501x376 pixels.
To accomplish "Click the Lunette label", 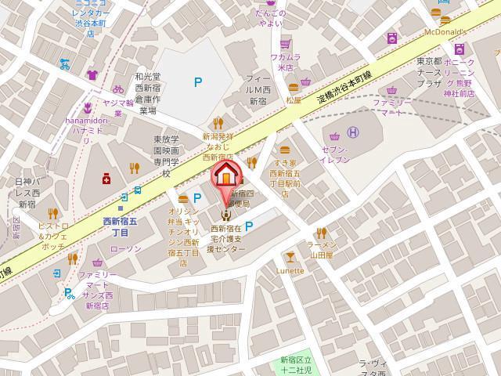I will (x=290, y=270).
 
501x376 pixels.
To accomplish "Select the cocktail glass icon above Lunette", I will (x=290, y=255).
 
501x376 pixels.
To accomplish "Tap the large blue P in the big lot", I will (x=198, y=81).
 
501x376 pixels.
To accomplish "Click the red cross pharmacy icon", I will (x=106, y=179).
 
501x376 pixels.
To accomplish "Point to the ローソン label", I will (x=125, y=248).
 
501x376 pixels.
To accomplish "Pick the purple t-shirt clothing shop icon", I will (x=92, y=75).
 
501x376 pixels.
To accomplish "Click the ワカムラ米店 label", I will (x=286, y=62).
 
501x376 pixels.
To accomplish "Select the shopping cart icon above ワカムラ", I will (x=286, y=44).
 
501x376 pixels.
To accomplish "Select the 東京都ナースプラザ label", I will (x=430, y=72).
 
